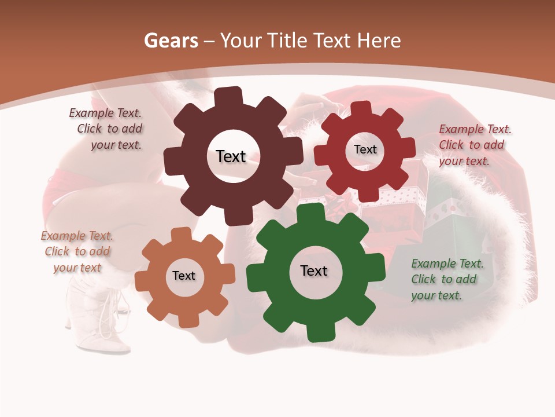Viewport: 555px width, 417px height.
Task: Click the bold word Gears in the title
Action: coord(171,41)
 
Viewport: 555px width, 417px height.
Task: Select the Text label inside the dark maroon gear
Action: coord(231,156)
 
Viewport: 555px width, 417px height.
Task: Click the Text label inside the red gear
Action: coord(365,149)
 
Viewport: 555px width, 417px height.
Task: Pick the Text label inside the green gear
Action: coord(314,271)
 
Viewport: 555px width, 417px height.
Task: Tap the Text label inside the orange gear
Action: coord(184,276)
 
